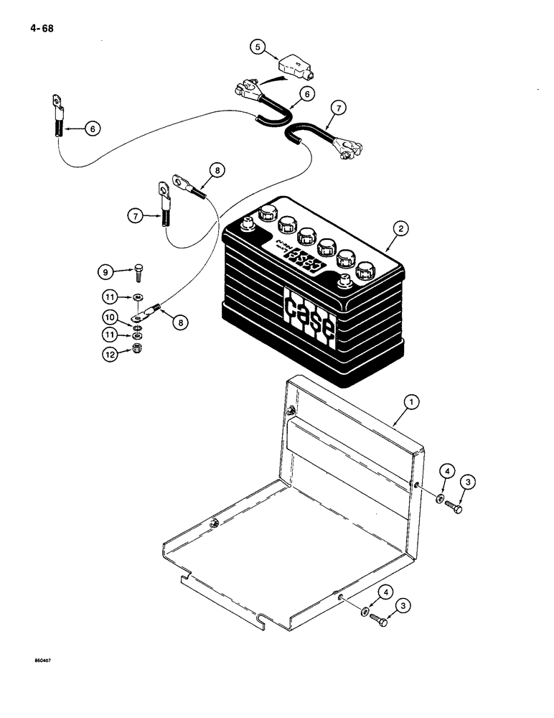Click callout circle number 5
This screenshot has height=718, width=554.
(258, 47)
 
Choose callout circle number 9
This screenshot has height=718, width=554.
(106, 271)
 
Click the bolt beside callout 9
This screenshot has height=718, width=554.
(138, 272)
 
